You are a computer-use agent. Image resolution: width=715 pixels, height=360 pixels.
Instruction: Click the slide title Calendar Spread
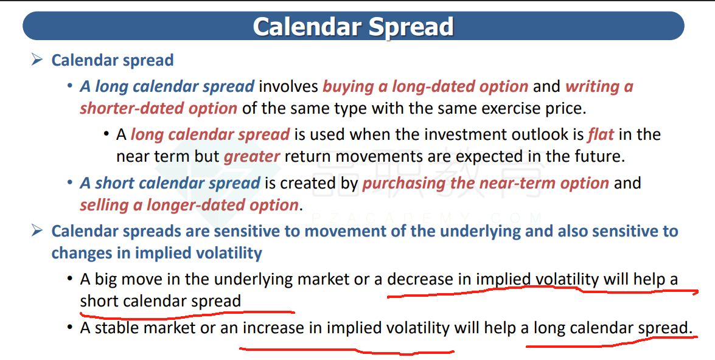(x=353, y=26)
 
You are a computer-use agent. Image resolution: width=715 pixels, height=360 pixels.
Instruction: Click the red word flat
(x=601, y=134)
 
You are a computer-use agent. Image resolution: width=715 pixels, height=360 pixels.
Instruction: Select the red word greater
(x=252, y=156)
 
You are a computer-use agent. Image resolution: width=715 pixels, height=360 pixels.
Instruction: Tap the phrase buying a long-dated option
(x=425, y=86)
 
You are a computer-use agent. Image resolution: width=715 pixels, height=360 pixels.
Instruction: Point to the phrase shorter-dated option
(x=159, y=108)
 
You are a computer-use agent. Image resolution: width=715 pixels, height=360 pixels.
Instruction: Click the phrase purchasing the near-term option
(x=486, y=183)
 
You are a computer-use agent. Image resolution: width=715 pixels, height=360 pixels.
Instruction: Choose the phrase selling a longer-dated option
(x=189, y=205)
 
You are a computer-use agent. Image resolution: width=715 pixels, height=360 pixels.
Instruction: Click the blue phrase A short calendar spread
(x=170, y=183)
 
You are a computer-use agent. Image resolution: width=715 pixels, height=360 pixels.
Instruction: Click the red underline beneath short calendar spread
(x=187, y=313)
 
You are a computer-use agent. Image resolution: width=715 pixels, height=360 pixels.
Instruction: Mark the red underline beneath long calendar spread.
(x=612, y=342)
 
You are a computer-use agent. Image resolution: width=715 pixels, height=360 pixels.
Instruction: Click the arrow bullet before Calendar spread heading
(x=37, y=59)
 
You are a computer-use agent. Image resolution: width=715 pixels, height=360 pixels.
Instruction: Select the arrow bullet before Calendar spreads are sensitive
(x=37, y=230)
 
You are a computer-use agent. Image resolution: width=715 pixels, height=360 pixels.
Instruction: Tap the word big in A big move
(x=106, y=279)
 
